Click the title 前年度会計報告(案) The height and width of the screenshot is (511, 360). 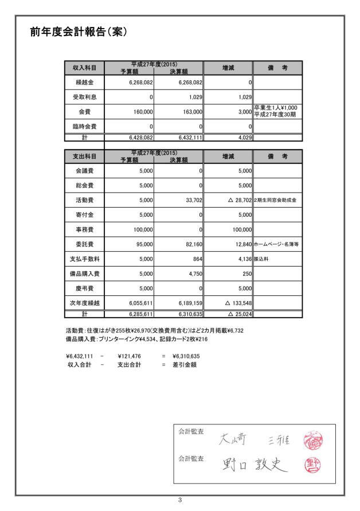78,32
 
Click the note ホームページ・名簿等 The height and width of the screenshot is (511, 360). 277,244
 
